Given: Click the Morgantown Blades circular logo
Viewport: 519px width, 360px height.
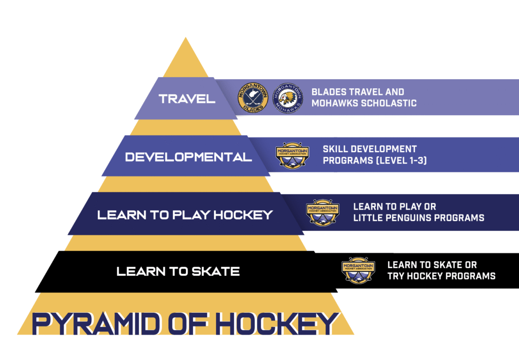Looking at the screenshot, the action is coord(252,98).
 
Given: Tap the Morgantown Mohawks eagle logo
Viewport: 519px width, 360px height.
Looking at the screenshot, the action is coord(288,98).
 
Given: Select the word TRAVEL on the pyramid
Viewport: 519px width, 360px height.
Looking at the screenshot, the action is coord(187,99).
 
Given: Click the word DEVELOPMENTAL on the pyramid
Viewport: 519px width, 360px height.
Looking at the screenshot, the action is coord(189,157).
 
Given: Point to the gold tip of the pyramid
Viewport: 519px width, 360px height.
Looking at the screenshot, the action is coord(186,38).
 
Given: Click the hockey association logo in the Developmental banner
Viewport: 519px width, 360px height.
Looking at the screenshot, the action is coord(292,155).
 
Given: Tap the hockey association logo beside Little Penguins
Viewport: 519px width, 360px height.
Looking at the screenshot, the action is coord(323,212).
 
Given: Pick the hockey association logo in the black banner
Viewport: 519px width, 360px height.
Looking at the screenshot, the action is coord(358,270).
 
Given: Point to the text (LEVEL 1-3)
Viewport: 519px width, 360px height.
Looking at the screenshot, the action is coord(401,160).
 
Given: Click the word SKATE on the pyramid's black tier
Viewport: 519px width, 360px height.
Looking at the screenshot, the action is coord(216,272).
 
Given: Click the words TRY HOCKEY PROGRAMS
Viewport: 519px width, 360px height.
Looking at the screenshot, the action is coord(441,276).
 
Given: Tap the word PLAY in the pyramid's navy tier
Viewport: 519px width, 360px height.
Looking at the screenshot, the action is coord(191,215).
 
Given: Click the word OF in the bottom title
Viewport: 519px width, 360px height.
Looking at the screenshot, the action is coord(188,323).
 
